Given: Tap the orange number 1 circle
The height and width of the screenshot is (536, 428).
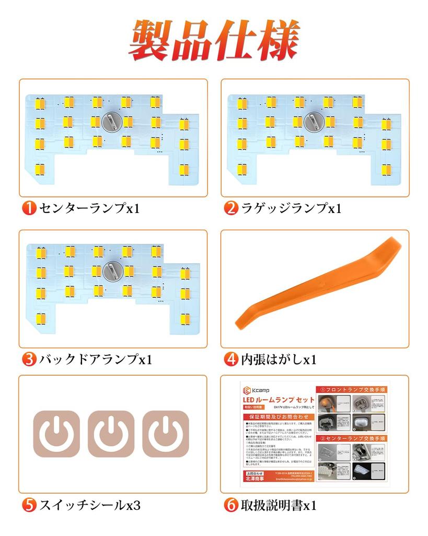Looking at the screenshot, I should tap(28, 208).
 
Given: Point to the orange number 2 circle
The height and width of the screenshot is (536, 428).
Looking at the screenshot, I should tap(230, 208).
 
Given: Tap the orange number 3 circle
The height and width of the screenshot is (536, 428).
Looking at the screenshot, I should tap(28, 360).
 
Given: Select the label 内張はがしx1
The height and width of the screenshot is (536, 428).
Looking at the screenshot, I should tap(278, 360).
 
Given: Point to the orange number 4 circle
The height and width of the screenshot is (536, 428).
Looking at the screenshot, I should tap(230, 360).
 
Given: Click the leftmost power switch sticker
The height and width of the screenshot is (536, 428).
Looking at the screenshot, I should tap(57, 433).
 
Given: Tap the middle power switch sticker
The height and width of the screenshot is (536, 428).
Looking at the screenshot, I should tap(111, 433).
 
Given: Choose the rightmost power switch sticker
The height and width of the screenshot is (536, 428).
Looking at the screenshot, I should tap(165, 433).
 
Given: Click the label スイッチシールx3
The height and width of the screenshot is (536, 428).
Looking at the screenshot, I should tap(89, 505).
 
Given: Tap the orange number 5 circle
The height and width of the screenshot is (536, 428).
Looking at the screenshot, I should tap(28, 505).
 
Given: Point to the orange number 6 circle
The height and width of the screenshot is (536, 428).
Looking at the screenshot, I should tap(230, 505).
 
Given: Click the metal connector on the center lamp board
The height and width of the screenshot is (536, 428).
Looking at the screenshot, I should tap(111, 122).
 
